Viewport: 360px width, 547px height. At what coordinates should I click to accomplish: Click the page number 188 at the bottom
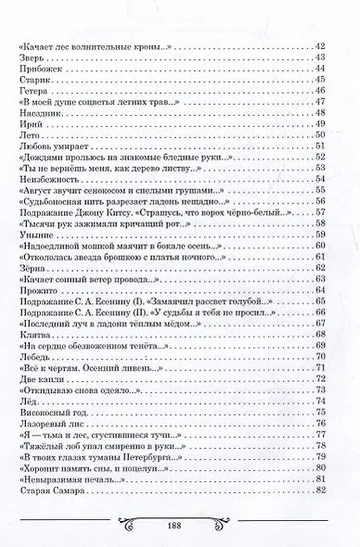[179, 526]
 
